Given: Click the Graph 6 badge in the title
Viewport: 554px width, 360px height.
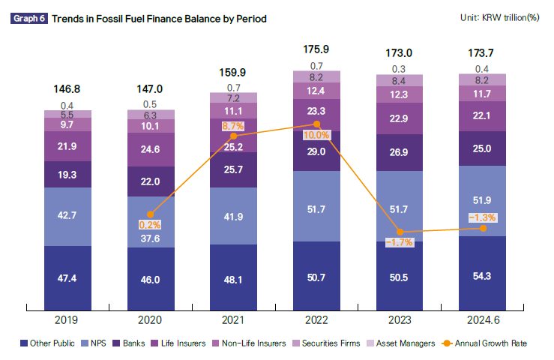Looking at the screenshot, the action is [29, 19].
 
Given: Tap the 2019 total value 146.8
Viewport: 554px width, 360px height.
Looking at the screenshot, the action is [67, 89].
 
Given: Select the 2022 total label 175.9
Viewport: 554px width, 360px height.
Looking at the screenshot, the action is [316, 49].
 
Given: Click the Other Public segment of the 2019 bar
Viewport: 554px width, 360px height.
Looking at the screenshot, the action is [67, 278].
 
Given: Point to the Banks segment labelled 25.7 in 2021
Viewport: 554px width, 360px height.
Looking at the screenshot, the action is [234, 169].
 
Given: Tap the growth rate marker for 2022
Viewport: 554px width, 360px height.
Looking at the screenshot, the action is [317, 124].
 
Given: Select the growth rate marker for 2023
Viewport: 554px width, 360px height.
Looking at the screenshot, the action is [400, 232].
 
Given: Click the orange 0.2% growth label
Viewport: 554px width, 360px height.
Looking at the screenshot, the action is [150, 225].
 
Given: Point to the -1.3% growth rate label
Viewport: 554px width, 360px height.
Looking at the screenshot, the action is [483, 217].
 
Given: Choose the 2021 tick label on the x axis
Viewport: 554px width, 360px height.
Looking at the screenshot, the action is [233, 320].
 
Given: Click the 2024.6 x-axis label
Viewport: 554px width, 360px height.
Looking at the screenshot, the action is [484, 320].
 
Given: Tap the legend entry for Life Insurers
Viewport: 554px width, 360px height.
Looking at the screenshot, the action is [178, 343].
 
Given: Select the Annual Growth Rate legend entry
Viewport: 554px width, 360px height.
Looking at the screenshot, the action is [484, 343].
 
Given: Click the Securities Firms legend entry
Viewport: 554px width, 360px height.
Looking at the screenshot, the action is [326, 343].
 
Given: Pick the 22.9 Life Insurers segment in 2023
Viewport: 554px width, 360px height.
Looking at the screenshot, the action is [400, 118].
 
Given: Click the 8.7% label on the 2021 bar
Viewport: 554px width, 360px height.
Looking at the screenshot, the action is [233, 126].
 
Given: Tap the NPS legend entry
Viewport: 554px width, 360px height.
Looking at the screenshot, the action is [94, 343].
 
